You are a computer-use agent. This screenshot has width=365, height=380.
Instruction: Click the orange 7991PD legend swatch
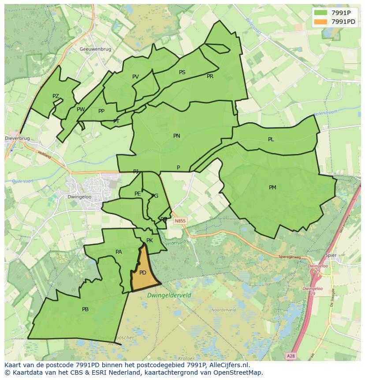click(x=321, y=22)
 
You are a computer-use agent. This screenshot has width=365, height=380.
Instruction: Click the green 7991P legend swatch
click(x=321, y=13)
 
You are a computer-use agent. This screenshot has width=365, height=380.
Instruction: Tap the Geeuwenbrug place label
click(x=95, y=49)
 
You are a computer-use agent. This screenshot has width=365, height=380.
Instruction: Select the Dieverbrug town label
click(x=18, y=138)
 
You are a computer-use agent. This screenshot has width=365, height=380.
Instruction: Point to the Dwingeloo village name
click(x=79, y=197)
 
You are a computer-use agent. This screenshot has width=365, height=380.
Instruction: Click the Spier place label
click(x=331, y=255)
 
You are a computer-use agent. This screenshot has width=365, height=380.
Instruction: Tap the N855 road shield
click(x=179, y=221)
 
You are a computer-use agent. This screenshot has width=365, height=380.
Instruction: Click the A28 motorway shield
click(x=290, y=356)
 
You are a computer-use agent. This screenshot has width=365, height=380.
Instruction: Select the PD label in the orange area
click(x=142, y=273)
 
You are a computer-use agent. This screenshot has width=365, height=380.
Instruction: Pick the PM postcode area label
click(x=272, y=188)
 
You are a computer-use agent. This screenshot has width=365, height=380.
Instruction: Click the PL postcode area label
click(x=271, y=139)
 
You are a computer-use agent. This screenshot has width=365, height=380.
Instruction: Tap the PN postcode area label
click(x=176, y=136)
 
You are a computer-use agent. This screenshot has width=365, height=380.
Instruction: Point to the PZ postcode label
click(x=56, y=96)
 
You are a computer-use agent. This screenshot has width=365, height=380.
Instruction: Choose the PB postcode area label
click(x=85, y=309)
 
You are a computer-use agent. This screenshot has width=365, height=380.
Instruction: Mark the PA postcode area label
click(x=119, y=252)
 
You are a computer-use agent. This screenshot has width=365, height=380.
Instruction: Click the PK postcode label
click(x=149, y=241)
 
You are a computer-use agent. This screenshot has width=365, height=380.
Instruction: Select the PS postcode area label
click(x=182, y=72)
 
